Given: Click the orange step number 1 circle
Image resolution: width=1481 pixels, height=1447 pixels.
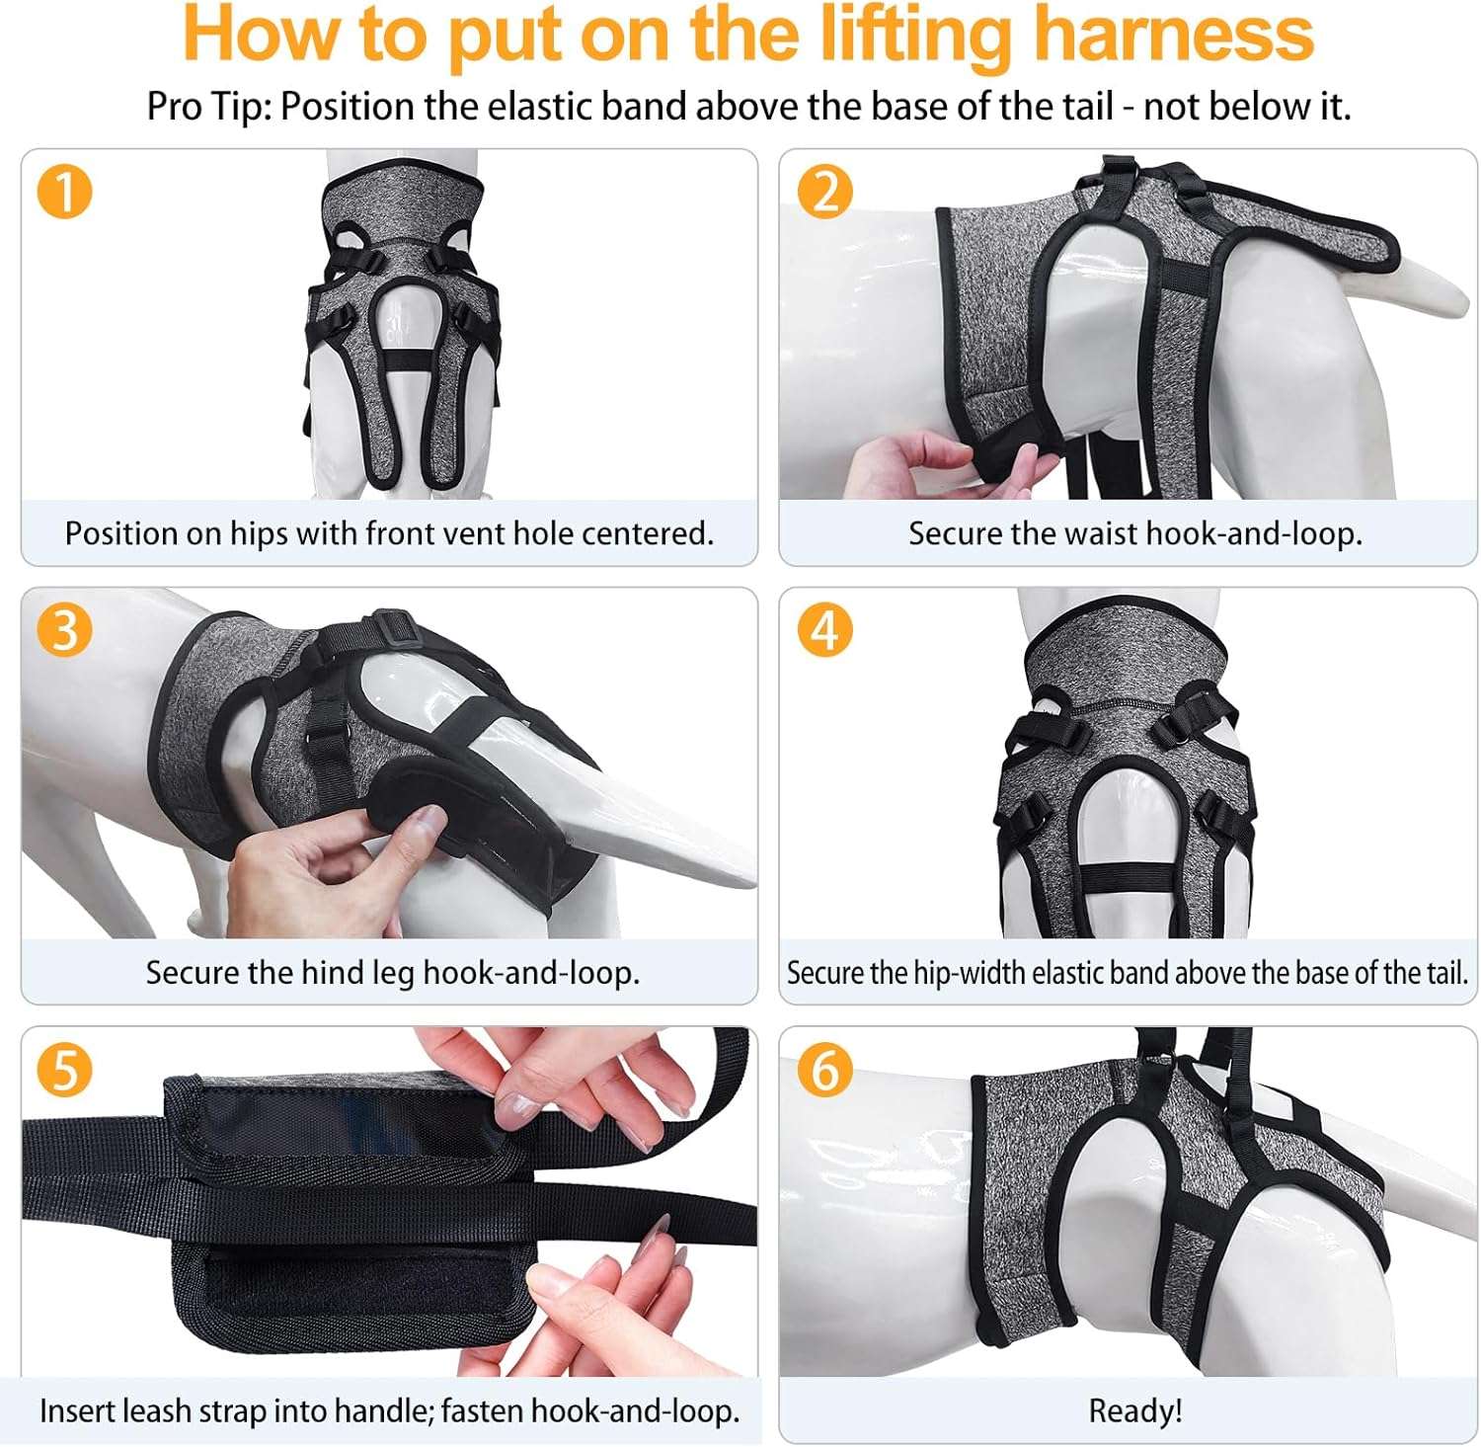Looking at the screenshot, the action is click(64, 192).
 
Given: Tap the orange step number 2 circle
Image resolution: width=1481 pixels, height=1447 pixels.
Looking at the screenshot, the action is click(825, 192).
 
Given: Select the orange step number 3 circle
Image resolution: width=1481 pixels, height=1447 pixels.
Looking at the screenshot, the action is click(64, 630).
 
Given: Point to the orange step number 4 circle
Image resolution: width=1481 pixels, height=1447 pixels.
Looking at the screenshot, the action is click(825, 630).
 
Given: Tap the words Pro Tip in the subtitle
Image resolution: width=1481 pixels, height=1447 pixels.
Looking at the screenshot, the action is click(207, 107).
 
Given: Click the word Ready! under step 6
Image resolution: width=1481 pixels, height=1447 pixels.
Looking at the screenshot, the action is click(1135, 1410).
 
